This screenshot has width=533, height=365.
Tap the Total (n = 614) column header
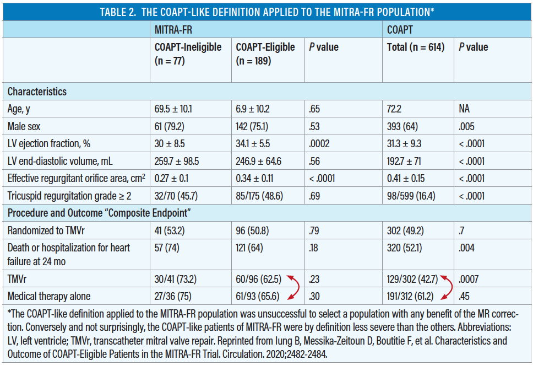point(415,47)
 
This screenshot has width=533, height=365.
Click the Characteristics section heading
point(37,92)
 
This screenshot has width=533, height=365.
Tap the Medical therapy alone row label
point(48,296)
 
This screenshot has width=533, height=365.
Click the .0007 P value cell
point(469,280)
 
